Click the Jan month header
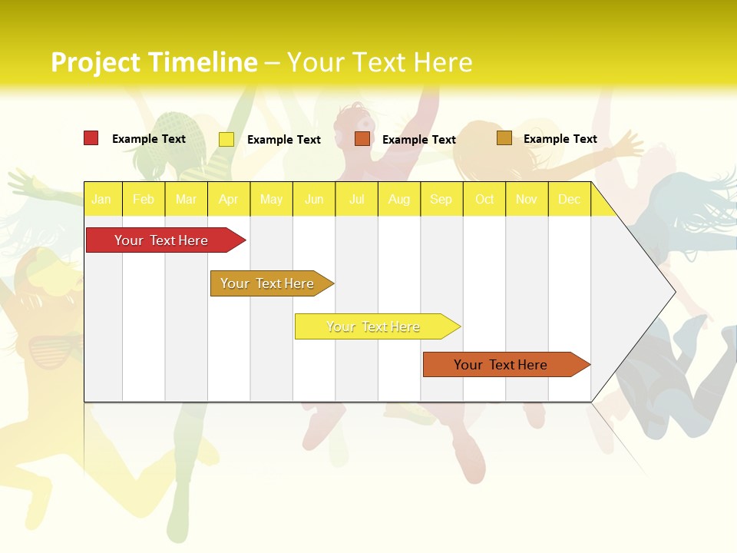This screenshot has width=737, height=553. [x=102, y=199]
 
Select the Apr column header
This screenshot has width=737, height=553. [x=229, y=199]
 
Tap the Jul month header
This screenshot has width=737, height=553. [x=356, y=199]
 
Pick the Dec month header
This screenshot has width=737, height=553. [x=569, y=199]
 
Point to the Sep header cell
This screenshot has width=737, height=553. [x=441, y=199]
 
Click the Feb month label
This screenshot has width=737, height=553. [x=144, y=199]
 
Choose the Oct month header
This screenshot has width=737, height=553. [x=484, y=199]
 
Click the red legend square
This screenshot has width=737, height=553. [x=91, y=138]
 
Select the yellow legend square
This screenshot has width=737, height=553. [x=226, y=139]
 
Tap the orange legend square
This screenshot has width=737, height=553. [x=362, y=139]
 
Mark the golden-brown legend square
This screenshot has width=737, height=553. [x=504, y=138]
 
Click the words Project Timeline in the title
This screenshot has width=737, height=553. [x=154, y=62]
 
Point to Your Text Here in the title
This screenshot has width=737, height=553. [x=380, y=62]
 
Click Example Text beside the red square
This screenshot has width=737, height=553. [x=149, y=139]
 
